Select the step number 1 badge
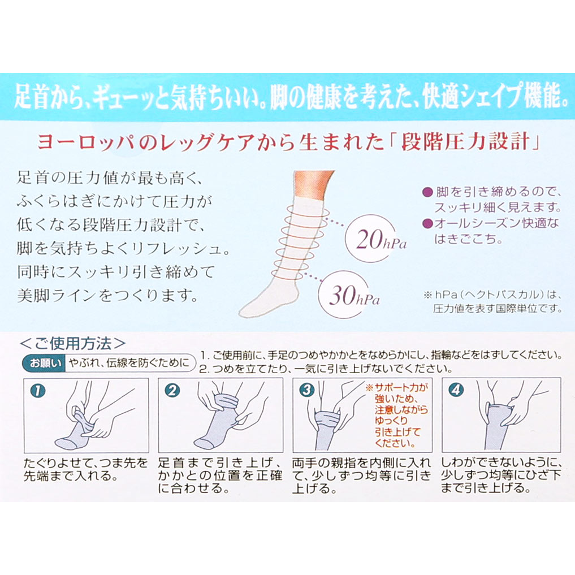(x=38, y=391)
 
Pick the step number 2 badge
(x=172, y=391)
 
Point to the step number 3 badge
(x=307, y=390)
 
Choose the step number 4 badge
(x=456, y=390)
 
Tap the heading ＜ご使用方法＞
(x=72, y=344)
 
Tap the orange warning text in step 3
(x=397, y=415)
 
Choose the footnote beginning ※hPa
(x=493, y=301)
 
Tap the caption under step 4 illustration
(x=501, y=475)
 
